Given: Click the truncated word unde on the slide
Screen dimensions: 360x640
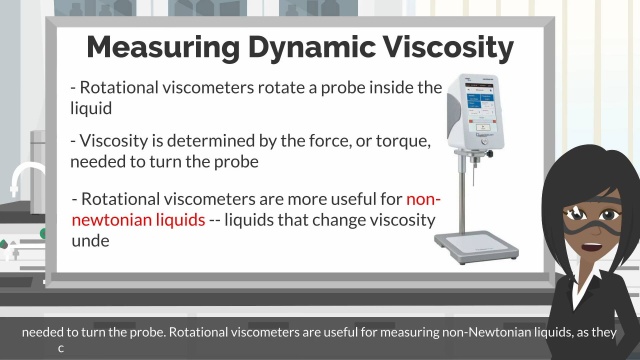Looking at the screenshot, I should pyautogui.click(x=89, y=241).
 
